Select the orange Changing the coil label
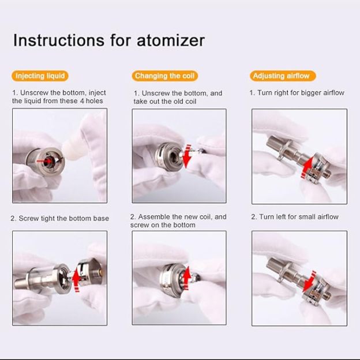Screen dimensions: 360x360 (166, 76)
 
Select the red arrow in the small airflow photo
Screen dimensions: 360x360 (309, 279)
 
